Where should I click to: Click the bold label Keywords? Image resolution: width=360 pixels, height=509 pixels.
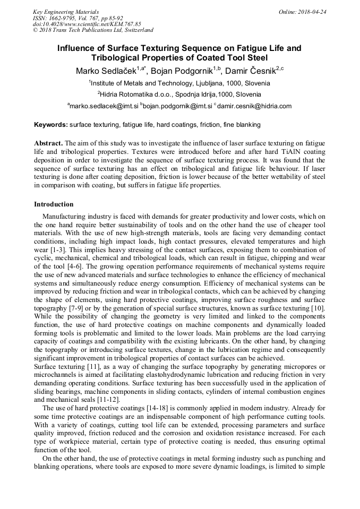pos(51,125)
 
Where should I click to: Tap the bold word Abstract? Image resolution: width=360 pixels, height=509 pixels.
pos(48,144)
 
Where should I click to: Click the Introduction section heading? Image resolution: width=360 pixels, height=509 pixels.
pos(54,204)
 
